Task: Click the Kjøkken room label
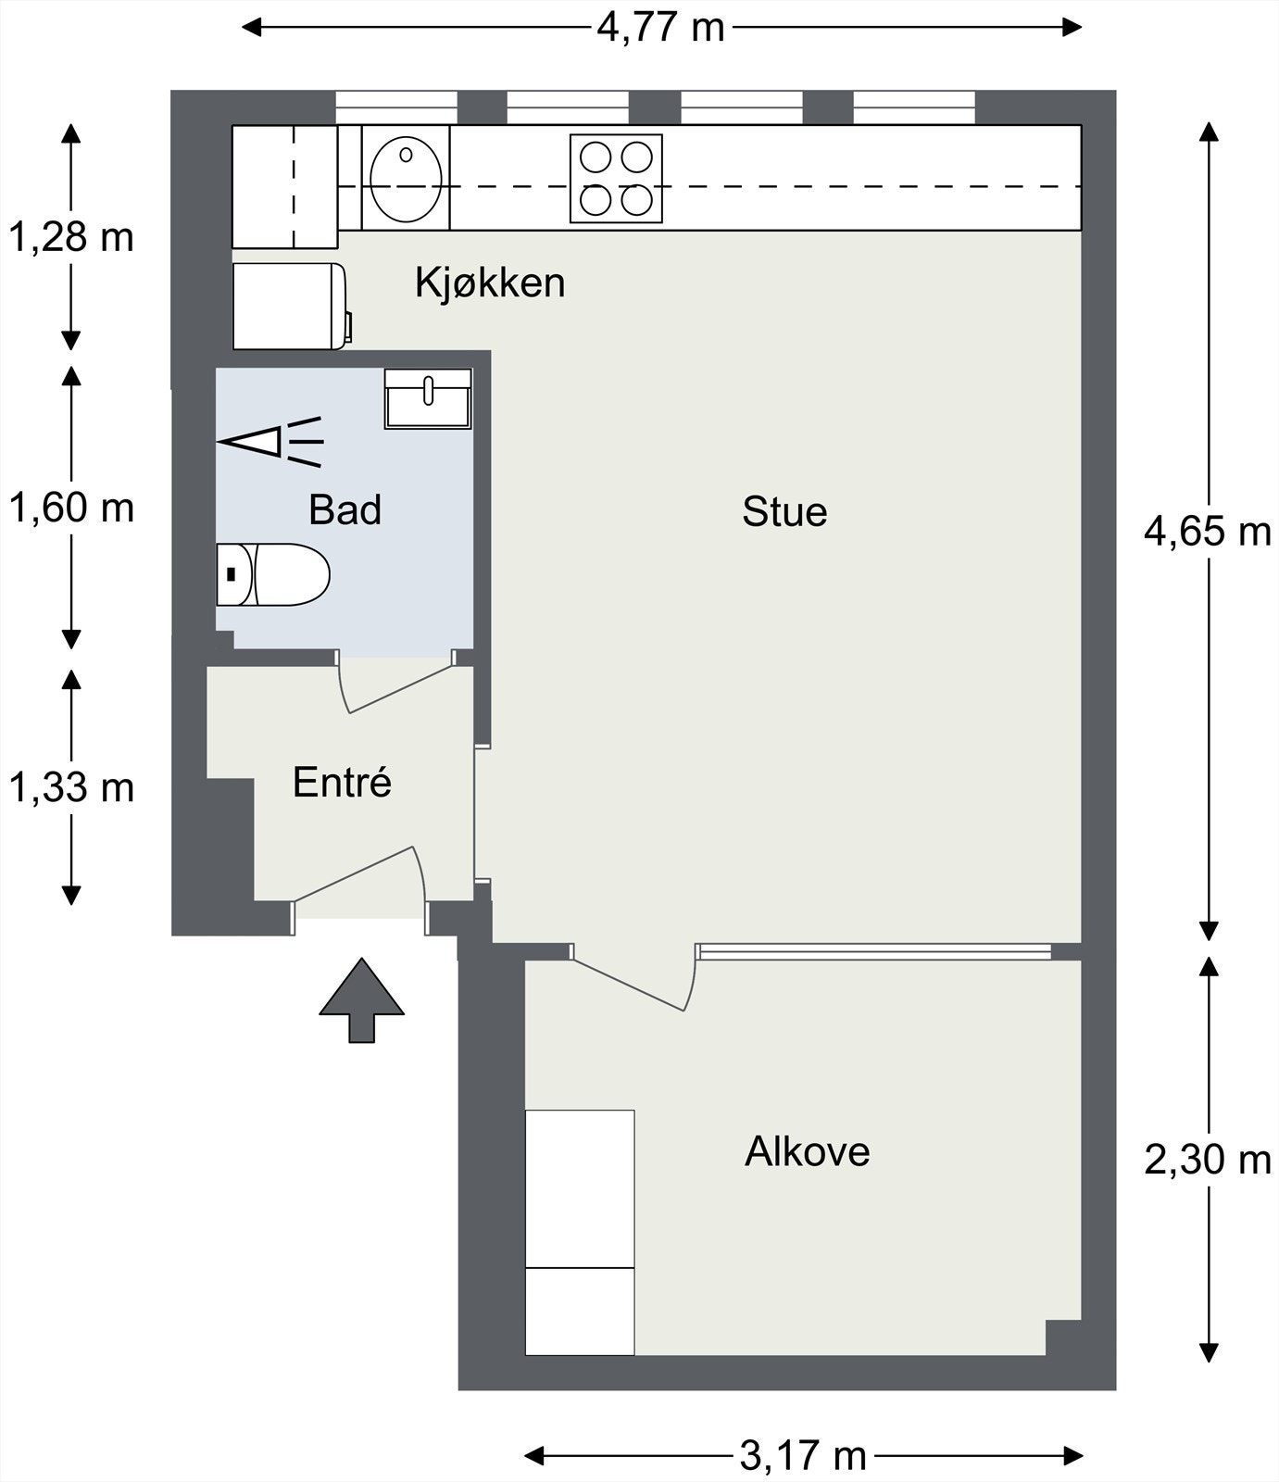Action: point(490,283)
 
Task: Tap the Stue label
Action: point(784,512)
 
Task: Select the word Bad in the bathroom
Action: point(345,510)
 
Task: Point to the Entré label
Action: point(343,783)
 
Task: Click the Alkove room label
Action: point(808,1152)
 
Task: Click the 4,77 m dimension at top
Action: point(660,28)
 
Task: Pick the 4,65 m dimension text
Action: point(1208,532)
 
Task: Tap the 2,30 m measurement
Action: point(1208,1160)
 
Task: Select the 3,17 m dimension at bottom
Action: point(804,1456)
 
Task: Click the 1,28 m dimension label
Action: point(71,238)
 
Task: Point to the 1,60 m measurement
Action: point(71,509)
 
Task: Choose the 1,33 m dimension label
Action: point(71,788)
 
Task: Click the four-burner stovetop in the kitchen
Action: point(616,179)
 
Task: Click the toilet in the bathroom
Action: point(272,574)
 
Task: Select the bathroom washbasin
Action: point(428,398)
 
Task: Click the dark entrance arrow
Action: point(361,1000)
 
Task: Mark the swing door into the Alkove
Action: point(634,977)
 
